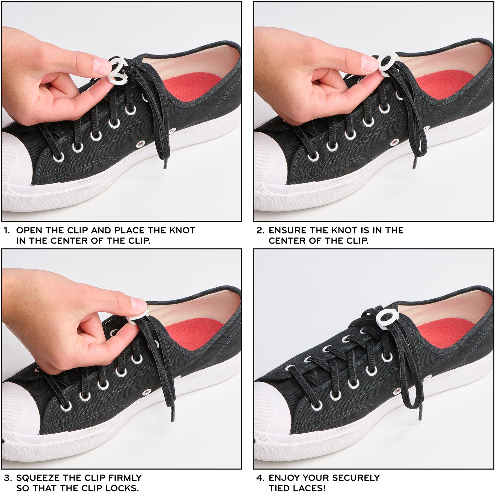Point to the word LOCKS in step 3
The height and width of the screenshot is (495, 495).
point(125,488)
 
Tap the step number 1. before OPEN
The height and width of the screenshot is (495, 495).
point(7,230)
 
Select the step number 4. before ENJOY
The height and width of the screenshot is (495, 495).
point(260,478)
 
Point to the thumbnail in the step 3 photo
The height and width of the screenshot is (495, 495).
point(139,304)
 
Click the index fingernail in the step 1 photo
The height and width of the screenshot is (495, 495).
point(102,66)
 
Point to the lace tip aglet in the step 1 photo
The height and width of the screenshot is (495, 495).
point(166,164)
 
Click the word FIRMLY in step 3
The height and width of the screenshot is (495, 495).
point(125,478)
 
